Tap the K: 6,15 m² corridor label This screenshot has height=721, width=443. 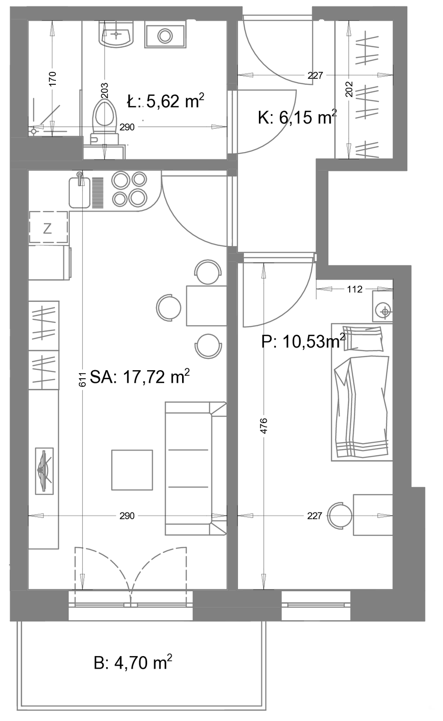click(x=297, y=117)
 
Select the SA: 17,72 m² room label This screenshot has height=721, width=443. click(x=140, y=376)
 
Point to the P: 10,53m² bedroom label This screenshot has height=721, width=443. click(x=303, y=341)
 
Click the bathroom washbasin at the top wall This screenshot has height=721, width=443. click(x=116, y=34)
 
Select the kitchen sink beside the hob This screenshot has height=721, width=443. click(x=79, y=190)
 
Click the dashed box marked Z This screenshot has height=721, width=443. click(x=48, y=227)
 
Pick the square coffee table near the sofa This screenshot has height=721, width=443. click(x=132, y=470)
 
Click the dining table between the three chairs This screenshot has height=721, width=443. click(x=207, y=305)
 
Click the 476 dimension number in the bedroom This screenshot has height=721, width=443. click(x=263, y=426)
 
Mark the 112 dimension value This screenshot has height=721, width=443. click(x=355, y=289)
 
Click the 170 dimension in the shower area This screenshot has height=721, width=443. click(x=52, y=78)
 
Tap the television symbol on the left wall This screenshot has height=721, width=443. click(x=44, y=471)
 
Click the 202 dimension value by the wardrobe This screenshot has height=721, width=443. click(x=349, y=89)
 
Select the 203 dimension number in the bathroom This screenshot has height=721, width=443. click(x=104, y=90)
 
